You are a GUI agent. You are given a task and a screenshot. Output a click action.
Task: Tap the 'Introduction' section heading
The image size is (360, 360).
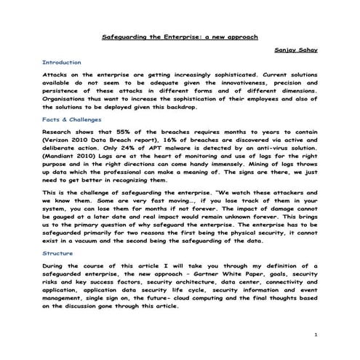click(62, 63)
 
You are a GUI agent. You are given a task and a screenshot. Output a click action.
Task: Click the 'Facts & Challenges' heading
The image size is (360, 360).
click(72, 119)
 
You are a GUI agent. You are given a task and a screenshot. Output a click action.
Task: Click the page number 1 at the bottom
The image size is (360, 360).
click(316, 334)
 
